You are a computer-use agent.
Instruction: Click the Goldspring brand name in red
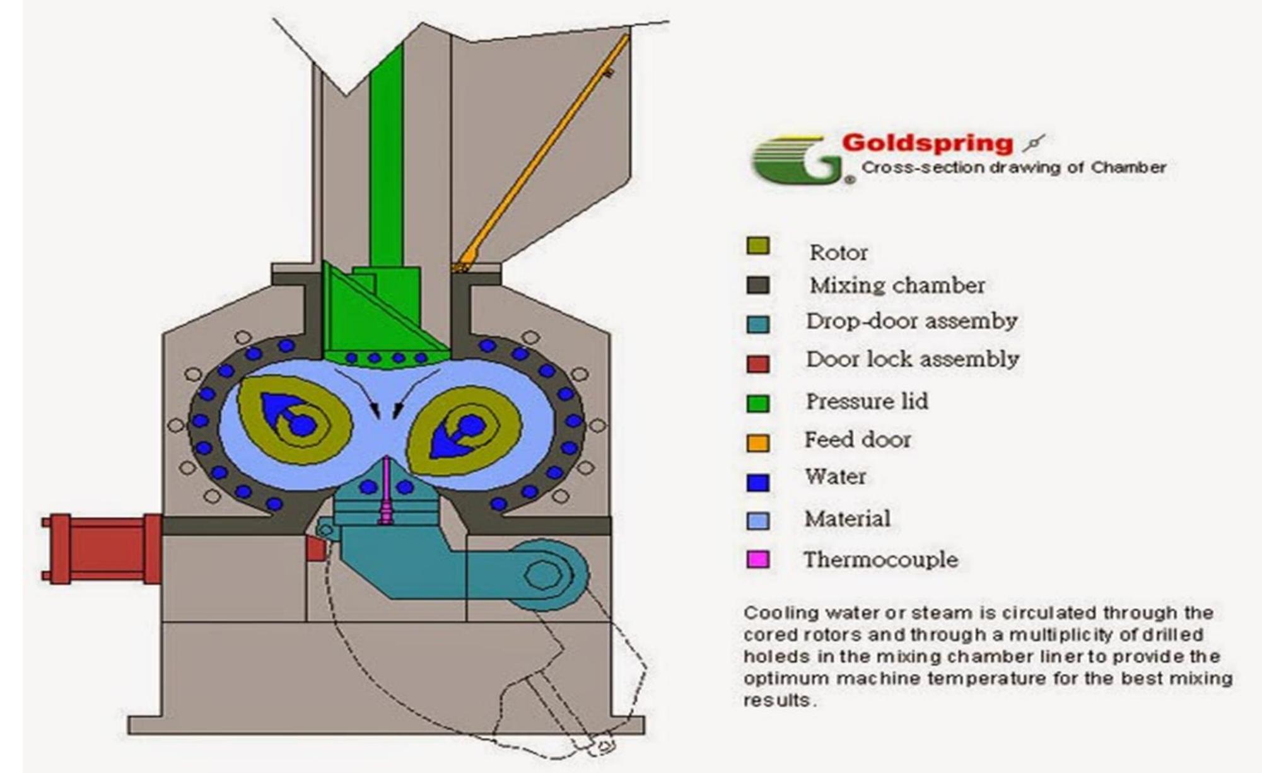tap(927, 143)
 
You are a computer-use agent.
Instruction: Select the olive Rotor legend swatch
tap(757, 246)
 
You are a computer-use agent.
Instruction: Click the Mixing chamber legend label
tap(897, 286)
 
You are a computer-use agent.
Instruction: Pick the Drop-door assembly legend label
tap(911, 322)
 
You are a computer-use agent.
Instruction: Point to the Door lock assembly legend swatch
tap(757, 364)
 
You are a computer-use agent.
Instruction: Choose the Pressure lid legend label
tap(867, 402)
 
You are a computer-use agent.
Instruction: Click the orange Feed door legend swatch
tap(757, 443)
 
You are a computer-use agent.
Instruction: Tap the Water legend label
tap(835, 477)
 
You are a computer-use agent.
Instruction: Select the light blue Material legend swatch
tap(757, 521)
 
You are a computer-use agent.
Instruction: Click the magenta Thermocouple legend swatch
tap(757, 559)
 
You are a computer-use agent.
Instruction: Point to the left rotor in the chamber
tap(294, 419)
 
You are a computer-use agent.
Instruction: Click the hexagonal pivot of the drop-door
tap(543, 574)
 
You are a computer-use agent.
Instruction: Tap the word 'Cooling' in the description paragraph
tap(780, 613)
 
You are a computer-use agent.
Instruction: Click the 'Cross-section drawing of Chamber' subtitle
tap(1014, 168)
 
